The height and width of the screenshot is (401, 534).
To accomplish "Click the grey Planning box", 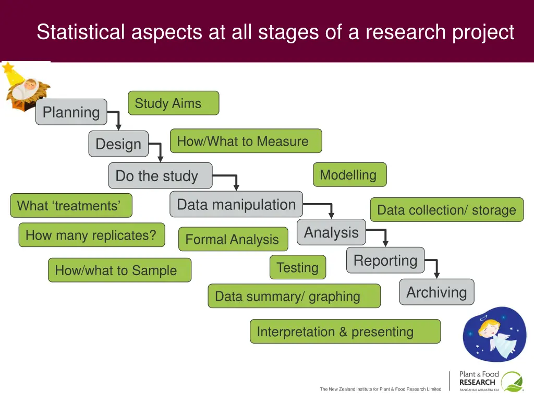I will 71,112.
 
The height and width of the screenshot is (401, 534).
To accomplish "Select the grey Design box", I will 118,144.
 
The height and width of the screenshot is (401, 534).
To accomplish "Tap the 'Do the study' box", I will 160,176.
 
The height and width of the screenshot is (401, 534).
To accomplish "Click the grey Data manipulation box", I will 236,205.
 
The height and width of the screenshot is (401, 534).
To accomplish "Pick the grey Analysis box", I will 331,232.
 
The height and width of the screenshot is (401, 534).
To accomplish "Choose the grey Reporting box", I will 385,261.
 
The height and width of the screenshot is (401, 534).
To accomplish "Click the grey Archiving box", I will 436,292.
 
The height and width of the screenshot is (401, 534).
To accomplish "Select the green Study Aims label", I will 173,103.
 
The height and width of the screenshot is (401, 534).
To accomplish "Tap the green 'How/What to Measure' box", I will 246,141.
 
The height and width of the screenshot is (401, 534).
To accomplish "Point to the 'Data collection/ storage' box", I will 446,210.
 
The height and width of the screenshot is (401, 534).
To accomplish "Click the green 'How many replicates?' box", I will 91,235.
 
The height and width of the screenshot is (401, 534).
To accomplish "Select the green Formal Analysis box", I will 233,239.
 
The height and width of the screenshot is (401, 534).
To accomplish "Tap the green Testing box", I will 298,267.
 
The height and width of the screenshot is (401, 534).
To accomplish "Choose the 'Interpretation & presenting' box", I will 345,332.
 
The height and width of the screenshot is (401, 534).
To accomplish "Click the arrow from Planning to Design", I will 116,119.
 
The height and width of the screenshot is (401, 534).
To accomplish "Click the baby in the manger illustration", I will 26,89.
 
